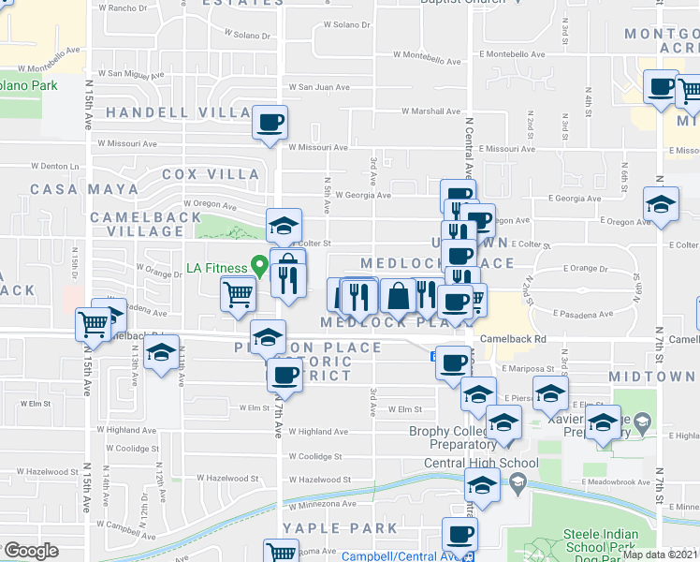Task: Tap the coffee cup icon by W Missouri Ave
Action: [270, 122]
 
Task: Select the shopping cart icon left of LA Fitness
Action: [239, 294]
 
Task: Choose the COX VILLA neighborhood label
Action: [211, 174]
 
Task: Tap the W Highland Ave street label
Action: [317, 432]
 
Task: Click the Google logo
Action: [30, 551]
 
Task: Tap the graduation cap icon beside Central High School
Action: [482, 485]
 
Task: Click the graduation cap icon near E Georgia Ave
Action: [661, 205]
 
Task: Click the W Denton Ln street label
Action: [53, 166]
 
